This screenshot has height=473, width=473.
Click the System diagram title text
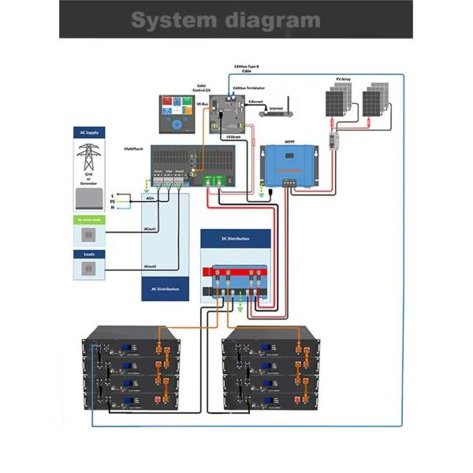point(225,20)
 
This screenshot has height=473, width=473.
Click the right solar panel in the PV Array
point(375,101)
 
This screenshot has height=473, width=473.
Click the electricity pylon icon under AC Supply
point(88,158)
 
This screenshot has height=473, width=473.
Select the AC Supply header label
point(88,132)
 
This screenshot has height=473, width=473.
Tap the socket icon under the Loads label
point(88,270)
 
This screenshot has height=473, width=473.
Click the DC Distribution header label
point(235,237)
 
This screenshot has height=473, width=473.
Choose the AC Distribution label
point(165,289)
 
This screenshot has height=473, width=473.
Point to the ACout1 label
point(150,229)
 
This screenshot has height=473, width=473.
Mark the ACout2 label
point(150,266)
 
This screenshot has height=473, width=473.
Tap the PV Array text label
point(343,80)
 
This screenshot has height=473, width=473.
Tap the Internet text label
point(276,108)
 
